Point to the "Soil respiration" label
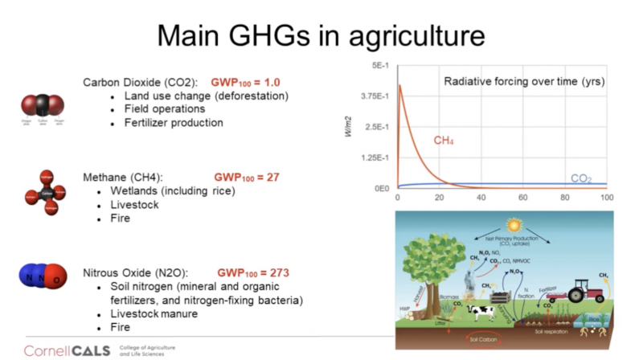[x=548, y=331]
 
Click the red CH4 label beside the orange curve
[x=444, y=141]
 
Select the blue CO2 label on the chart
[x=581, y=178]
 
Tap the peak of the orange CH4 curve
[x=399, y=85]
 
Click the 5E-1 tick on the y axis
[x=379, y=65]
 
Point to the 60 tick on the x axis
[x=523, y=197]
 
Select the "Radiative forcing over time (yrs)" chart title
[x=524, y=81]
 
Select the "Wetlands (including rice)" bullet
[x=174, y=190]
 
